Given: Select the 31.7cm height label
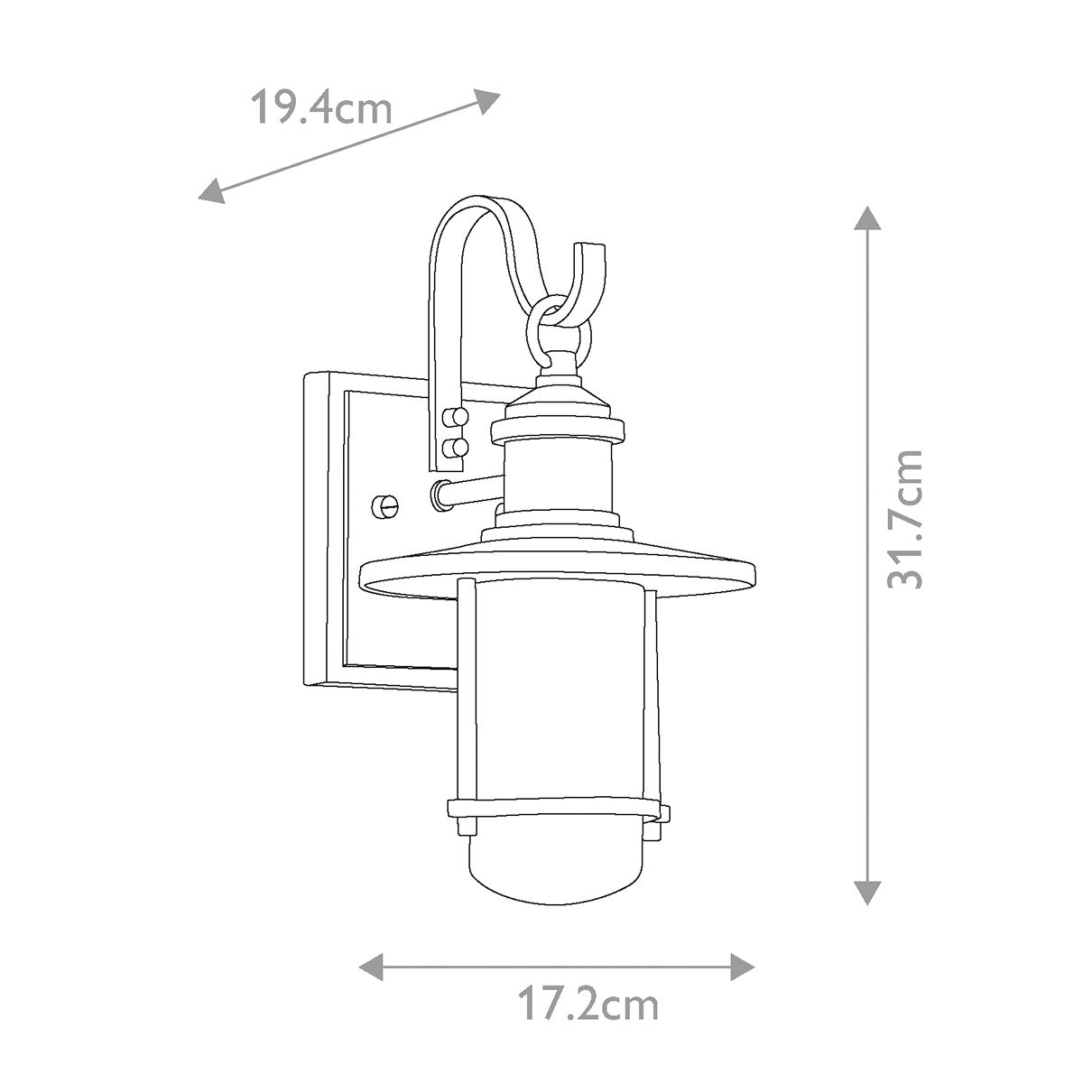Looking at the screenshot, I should pyautogui.click(x=905, y=519).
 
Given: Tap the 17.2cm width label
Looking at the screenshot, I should pyautogui.click(x=588, y=1004).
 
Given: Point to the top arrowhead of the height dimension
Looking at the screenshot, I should pyautogui.click(x=866, y=220).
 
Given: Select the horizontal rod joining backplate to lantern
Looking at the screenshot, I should pyautogui.click(x=469, y=493).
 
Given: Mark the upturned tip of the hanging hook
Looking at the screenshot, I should pyautogui.click(x=593, y=253).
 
